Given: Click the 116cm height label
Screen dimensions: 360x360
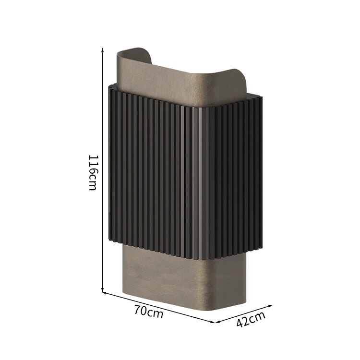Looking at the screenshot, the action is click(93, 173).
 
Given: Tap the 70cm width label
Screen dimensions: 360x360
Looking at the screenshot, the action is click(149, 312).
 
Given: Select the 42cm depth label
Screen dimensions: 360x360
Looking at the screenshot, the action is click(251, 319).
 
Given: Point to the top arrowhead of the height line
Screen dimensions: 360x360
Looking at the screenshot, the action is click(103, 49).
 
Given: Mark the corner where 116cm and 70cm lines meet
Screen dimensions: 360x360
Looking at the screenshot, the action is click(102, 292).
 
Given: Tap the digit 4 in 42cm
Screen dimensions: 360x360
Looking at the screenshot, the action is click(240, 323).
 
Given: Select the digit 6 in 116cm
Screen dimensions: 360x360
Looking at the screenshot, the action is click(93, 171).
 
